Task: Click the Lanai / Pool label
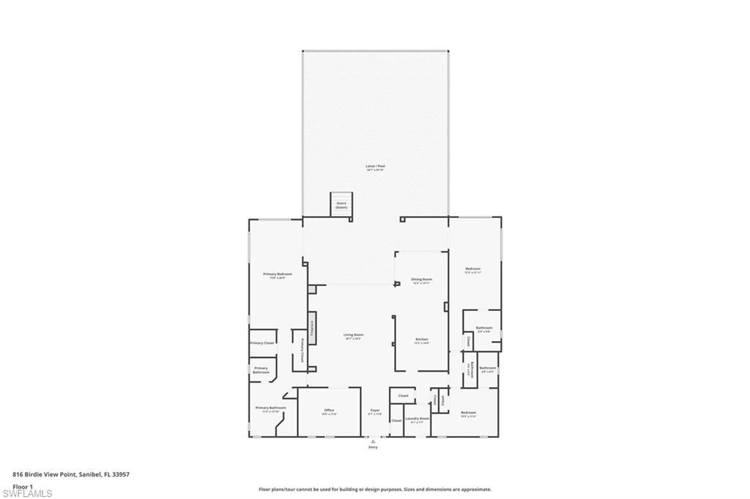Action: [x=375, y=167]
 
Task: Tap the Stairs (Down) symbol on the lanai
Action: [x=341, y=204]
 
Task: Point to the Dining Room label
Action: [x=421, y=279]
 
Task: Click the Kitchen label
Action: [x=421, y=339]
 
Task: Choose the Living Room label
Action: [x=354, y=335]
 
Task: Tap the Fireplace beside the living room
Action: [x=312, y=328]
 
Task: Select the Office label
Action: [x=329, y=410]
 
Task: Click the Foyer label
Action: [x=375, y=410]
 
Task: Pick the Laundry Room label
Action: [x=417, y=419]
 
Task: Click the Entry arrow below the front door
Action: [x=373, y=441]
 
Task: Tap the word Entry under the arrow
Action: [x=373, y=447]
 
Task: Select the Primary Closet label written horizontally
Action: [x=262, y=342]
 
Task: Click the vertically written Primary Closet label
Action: [x=302, y=350]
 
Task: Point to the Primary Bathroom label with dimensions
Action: [x=270, y=408]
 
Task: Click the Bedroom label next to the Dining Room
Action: [x=472, y=269]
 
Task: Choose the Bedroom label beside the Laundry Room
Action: [x=469, y=413]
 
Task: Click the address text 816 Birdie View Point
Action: [x=71, y=474]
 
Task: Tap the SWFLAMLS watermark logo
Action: [x=27, y=492]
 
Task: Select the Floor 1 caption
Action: [x=23, y=485]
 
